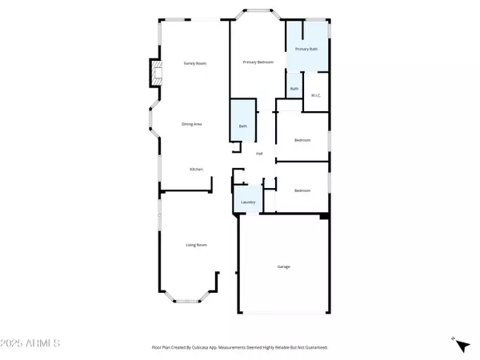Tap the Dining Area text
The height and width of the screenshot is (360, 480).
click(191, 124)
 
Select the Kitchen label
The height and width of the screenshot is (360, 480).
click(196, 170)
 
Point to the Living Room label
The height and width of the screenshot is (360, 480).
click(197, 244)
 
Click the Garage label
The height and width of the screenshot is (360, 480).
click(283, 267)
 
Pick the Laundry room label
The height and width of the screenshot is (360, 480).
click(248, 202)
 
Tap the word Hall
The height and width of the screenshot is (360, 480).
click(260, 154)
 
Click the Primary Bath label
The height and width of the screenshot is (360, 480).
click(306, 50)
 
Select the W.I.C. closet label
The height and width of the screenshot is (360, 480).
click(315, 96)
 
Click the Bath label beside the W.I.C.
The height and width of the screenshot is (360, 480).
click(294, 89)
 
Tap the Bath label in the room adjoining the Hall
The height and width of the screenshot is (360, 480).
click(243, 126)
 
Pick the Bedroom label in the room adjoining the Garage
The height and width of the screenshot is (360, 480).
click(302, 190)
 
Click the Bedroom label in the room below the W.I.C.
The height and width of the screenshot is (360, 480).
click(302, 140)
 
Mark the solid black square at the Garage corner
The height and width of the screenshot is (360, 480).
click(324, 215)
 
